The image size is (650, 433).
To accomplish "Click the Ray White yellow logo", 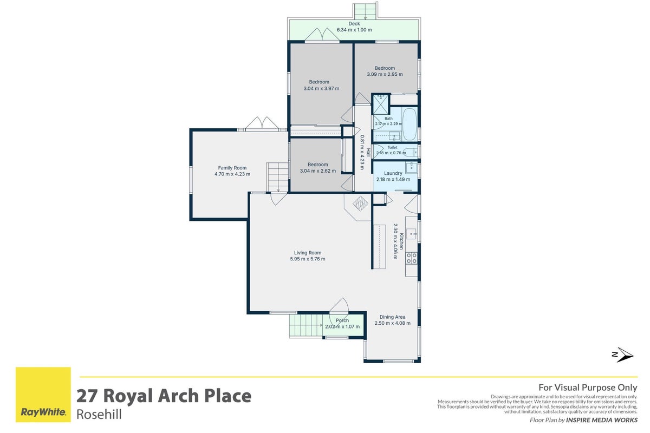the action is click(x=43, y=395).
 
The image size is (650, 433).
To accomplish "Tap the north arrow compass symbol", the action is click(x=623, y=355).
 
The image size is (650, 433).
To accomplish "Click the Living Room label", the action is click(x=308, y=253).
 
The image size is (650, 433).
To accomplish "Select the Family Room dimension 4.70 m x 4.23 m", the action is click(x=232, y=174).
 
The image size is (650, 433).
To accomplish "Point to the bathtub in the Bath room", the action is click(x=409, y=124).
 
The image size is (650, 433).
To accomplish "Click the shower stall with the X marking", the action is click(x=380, y=104).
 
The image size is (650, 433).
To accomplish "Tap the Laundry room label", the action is click(x=393, y=173).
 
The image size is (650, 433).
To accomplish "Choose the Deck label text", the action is click(x=354, y=23).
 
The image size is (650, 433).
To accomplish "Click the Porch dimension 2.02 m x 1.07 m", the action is click(x=342, y=326).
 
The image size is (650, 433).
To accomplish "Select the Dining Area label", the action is click(x=392, y=317).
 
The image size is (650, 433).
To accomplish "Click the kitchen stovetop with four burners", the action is click(x=412, y=258).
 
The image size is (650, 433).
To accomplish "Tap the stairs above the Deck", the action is click(x=365, y=11).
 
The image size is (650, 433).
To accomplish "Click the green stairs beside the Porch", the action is click(x=306, y=325).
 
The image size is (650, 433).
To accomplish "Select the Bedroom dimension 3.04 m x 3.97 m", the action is click(x=321, y=88).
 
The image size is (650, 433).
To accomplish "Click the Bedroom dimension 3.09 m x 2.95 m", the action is click(x=385, y=74).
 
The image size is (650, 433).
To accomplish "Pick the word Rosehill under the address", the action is click(x=99, y=415).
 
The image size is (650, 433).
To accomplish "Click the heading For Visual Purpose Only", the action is click(x=588, y=388).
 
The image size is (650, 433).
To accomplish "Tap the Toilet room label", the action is click(x=392, y=147).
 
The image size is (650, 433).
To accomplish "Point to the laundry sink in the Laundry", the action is click(x=412, y=168).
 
